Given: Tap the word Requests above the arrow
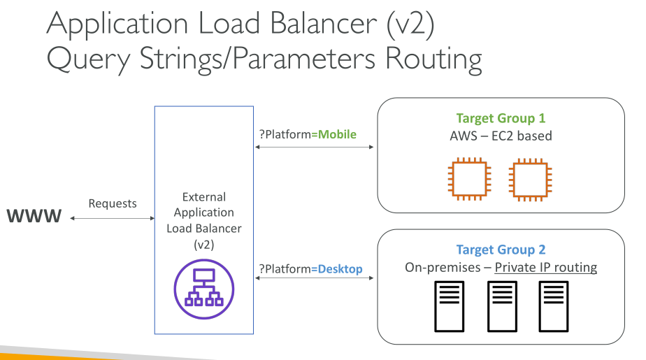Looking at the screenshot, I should click(x=113, y=203).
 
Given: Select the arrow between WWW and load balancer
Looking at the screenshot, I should click(x=113, y=219).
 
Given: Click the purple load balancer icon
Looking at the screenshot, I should click(x=203, y=289).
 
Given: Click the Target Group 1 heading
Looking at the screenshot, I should click(x=500, y=118).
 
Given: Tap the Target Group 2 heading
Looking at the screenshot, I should click(x=501, y=250).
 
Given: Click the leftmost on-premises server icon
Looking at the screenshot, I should click(x=449, y=306).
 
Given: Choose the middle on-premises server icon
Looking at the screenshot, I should click(x=501, y=306).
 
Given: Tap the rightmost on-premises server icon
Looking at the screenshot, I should click(x=553, y=306).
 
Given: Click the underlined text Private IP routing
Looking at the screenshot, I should click(x=545, y=268).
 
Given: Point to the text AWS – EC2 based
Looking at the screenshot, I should click(x=501, y=136).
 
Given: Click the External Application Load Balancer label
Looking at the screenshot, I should click(x=203, y=221).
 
